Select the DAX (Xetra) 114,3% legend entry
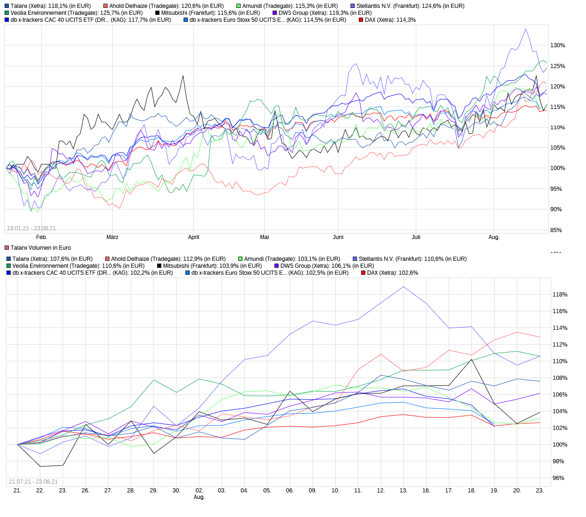point(390,20)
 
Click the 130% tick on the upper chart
point(558,45)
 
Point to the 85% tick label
point(556,230)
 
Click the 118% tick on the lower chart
point(560,295)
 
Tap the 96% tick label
point(558,478)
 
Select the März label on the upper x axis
point(112,237)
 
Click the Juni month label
point(338,237)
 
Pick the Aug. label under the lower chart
point(199,497)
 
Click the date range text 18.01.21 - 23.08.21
point(32,228)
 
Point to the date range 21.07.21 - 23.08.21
point(33,482)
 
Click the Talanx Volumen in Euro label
point(40,248)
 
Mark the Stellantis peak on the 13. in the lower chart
point(403,287)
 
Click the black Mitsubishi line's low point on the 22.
point(40,466)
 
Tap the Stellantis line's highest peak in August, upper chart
point(525,29)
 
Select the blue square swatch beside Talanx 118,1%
point(6,6)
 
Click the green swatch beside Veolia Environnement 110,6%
point(8,266)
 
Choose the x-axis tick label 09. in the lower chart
point(312,491)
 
